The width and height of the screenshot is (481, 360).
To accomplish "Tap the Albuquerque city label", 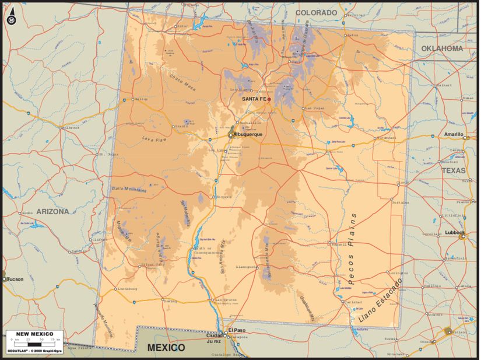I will pyautogui.click(x=248, y=135).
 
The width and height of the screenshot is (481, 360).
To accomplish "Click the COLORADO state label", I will pyautogui.click(x=317, y=12).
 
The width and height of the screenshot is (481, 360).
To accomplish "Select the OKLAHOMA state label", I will pyautogui.click(x=441, y=48).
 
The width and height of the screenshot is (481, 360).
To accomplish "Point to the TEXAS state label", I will pyautogui.click(x=453, y=170).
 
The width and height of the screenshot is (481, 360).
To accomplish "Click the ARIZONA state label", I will pyautogui.click(x=52, y=211).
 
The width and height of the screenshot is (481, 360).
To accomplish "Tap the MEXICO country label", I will pyautogui.click(x=166, y=348).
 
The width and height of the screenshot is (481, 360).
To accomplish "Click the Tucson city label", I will pyautogui.click(x=16, y=279).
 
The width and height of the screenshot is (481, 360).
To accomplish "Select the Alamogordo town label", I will pyautogui.click(x=245, y=267).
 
